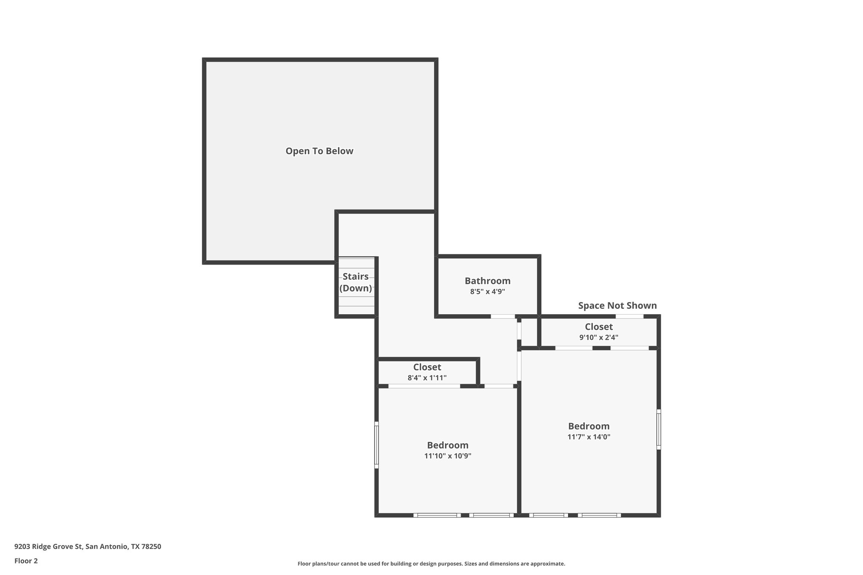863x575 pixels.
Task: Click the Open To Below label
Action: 319,151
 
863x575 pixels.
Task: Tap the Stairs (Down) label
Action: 356,282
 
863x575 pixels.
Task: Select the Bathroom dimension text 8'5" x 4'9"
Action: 488,292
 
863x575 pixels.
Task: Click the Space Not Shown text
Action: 617,305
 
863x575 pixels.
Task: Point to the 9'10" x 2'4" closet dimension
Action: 598,337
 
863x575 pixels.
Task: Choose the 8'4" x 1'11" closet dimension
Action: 427,378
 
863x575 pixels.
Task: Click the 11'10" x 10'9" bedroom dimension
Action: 448,456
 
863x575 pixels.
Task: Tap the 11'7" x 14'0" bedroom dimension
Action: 589,437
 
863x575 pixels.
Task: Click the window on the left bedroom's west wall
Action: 377,445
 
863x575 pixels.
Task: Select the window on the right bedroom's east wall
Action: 659,429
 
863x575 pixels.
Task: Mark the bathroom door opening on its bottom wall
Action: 503,316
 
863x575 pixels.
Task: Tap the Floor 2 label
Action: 26,561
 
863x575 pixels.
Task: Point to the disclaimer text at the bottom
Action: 431,564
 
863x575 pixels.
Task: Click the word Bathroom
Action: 488,281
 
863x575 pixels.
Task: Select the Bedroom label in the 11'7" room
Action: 589,426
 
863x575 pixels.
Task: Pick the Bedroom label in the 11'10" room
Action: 448,445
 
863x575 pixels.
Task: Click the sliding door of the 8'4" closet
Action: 424,386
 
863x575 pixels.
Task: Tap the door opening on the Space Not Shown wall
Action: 630,316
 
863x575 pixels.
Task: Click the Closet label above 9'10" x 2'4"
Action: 598,327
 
